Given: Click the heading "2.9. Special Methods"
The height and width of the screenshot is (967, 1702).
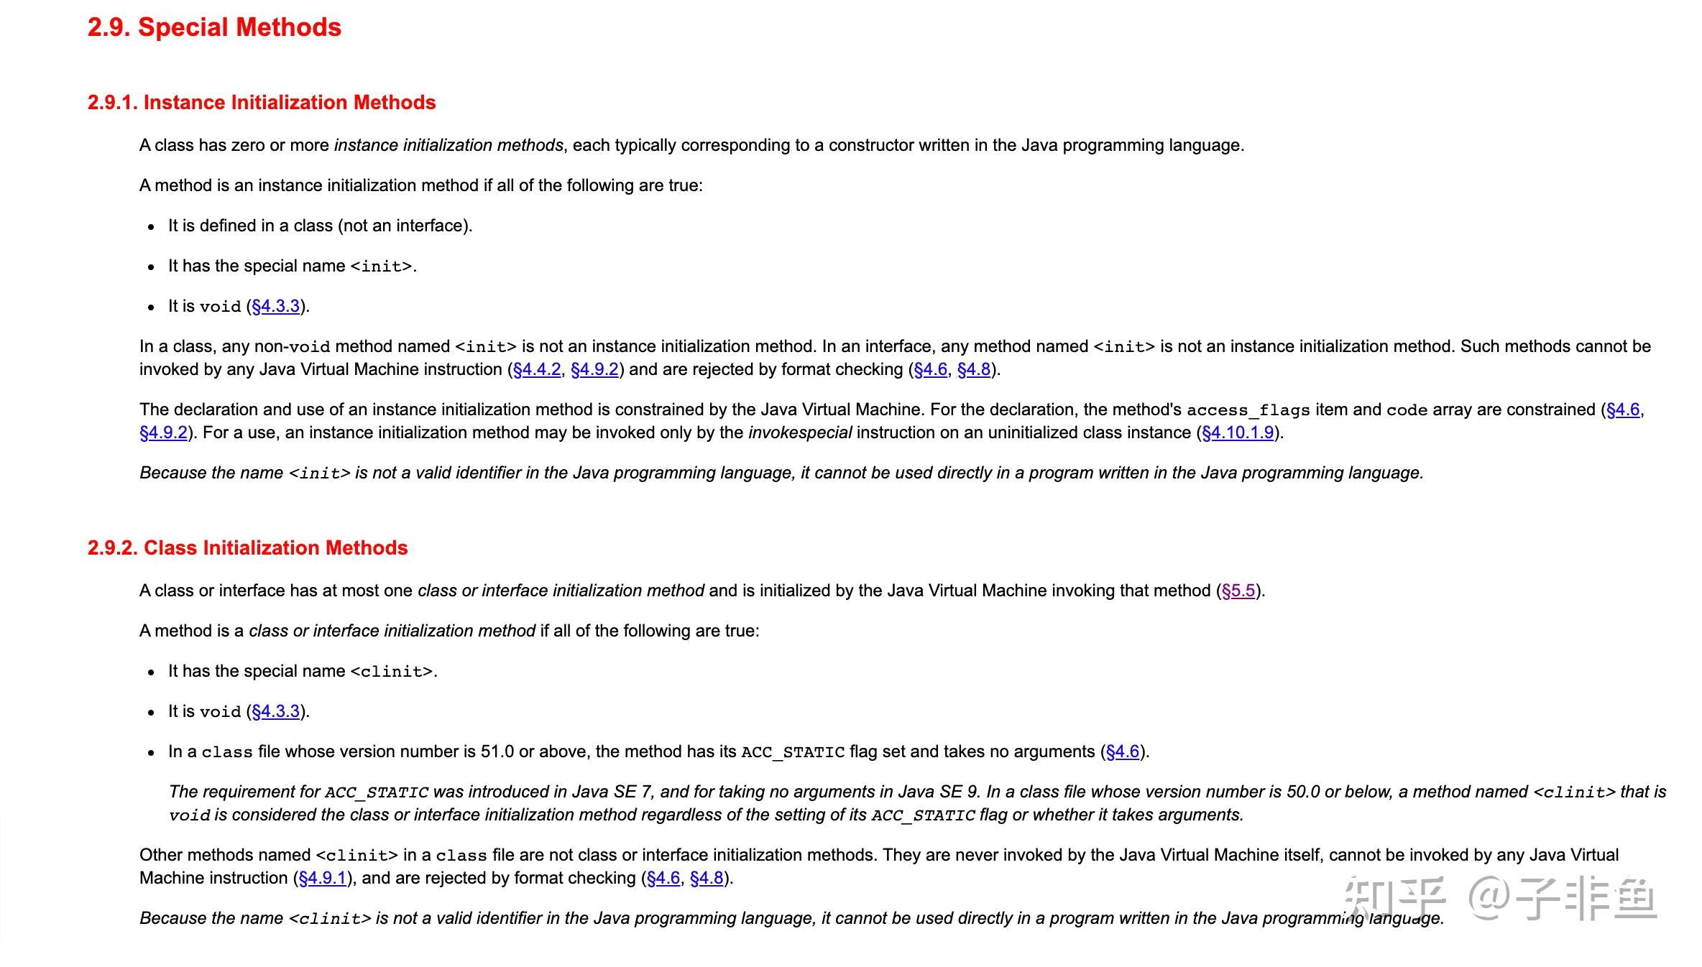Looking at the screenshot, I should (x=214, y=27).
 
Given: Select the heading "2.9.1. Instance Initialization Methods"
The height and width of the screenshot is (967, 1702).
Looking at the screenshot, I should (x=262, y=103).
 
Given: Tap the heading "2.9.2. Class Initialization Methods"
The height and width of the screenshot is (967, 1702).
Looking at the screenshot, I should (x=247, y=548).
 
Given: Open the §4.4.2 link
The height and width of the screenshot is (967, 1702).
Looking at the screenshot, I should (x=537, y=369).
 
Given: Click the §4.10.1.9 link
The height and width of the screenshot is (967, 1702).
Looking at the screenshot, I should (x=1238, y=432).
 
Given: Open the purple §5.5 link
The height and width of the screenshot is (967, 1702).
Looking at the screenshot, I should (x=1238, y=591).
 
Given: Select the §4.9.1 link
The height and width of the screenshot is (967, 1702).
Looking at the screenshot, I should (x=323, y=878).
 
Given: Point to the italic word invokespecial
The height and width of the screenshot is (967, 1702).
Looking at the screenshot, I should (x=800, y=432).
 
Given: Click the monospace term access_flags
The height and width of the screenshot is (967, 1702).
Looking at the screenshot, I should (x=1248, y=410).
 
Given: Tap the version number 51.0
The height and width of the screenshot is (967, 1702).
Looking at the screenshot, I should (x=497, y=751).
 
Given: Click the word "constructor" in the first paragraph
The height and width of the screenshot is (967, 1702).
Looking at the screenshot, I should (x=871, y=145).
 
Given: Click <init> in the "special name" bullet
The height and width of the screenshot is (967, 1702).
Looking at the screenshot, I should (x=381, y=267).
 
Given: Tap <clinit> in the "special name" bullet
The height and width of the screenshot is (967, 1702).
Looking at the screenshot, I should (x=391, y=672).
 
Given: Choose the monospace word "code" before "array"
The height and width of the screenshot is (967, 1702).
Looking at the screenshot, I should (x=1407, y=410).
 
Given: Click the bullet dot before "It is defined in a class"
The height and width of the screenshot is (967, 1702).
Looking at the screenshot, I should (x=151, y=227).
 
